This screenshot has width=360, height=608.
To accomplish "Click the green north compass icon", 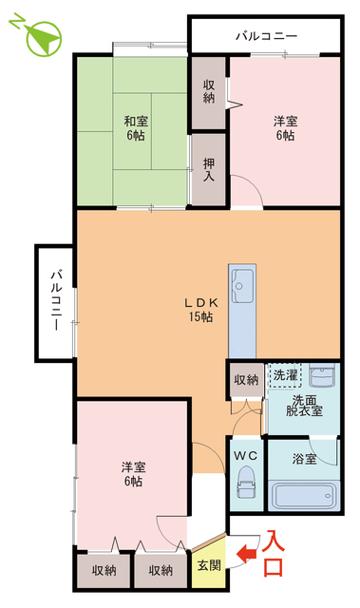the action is [x=44, y=38].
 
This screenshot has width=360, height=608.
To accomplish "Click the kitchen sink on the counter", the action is [x=242, y=286].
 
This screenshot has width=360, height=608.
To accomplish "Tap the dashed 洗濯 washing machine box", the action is [x=285, y=375].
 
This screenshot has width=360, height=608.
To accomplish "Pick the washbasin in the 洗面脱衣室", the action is [x=322, y=375].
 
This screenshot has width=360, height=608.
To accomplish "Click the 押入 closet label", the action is [x=209, y=170].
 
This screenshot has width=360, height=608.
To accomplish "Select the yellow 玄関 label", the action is [x=209, y=565].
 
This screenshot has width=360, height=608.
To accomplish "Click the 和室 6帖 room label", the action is [x=136, y=128].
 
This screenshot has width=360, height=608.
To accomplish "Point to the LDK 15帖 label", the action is [x=200, y=310].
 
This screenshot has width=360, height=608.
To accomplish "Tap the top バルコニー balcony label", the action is [x=267, y=36].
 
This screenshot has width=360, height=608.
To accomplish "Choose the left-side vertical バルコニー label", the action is [x=56, y=301].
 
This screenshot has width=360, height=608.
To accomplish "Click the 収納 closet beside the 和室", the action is [x=209, y=92].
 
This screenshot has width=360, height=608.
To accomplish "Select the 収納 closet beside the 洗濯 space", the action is [x=246, y=380].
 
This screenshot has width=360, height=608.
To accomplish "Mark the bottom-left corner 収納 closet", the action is [x=104, y=570].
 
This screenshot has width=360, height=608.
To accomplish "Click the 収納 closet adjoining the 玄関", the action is [x=161, y=570].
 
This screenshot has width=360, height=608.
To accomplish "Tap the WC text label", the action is [x=245, y=456].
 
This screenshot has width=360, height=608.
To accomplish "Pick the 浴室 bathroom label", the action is [x=304, y=459].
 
